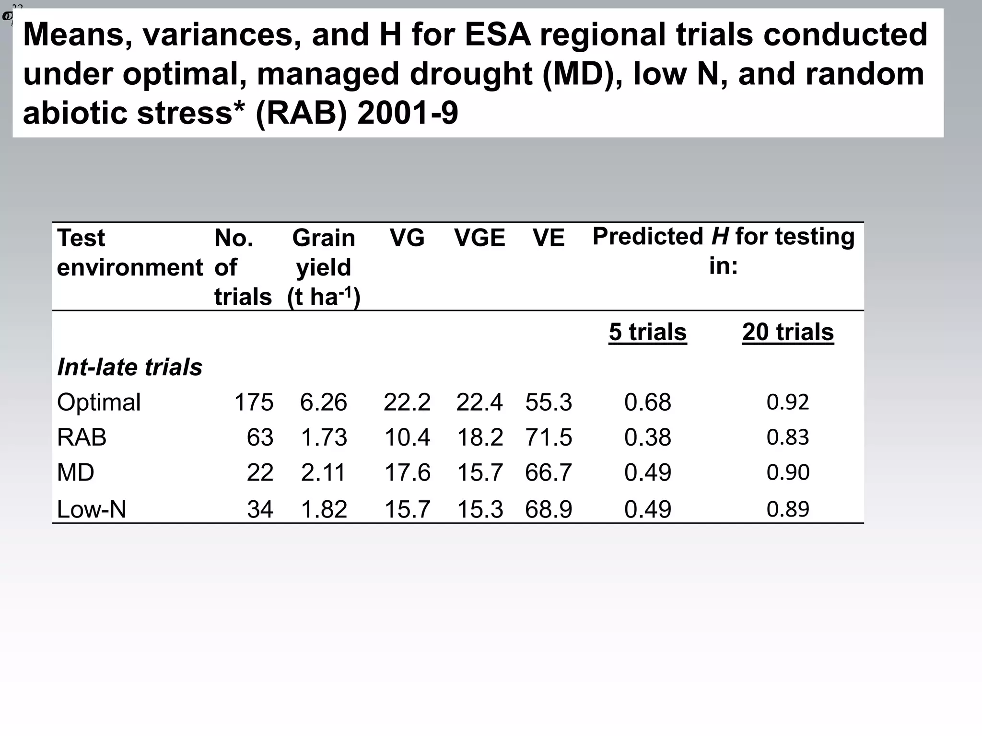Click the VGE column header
point(479,238)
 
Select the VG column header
point(407,238)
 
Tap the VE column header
point(549,238)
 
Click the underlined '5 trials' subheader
point(647,332)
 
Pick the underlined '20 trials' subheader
point(788,332)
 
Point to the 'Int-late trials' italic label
point(129,368)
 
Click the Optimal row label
point(99,402)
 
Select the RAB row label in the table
point(82,437)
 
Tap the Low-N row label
point(91,509)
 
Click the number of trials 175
point(254,402)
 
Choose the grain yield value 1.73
point(324,437)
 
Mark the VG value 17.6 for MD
point(407,473)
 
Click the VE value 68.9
point(549,509)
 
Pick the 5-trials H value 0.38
point(647,437)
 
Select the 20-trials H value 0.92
point(788,402)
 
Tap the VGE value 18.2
point(479,437)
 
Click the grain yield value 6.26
point(324,402)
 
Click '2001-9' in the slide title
point(408,114)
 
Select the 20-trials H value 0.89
point(788,509)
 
